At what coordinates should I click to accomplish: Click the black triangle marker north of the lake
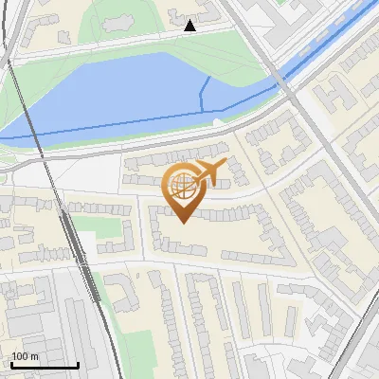(190, 26)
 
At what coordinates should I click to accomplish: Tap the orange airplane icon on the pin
(209, 171)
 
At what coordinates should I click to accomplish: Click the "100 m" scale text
(26, 356)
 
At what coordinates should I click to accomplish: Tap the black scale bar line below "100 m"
(45, 365)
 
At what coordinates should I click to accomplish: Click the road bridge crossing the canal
(283, 81)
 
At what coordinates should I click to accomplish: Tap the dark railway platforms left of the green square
(68, 237)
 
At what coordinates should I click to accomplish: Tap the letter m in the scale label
(34, 356)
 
